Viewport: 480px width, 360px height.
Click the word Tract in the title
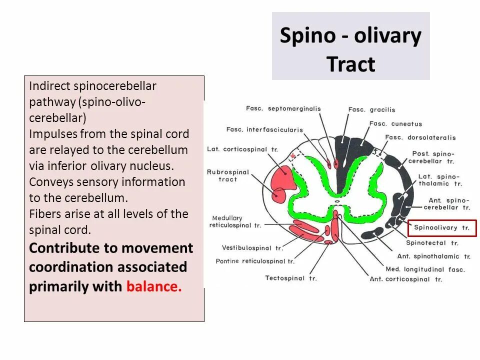(x=350, y=64)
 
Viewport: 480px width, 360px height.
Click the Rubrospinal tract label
(x=227, y=175)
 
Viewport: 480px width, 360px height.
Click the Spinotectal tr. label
(x=432, y=243)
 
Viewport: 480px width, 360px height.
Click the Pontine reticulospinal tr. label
(x=255, y=261)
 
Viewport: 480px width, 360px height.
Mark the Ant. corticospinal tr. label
(x=406, y=279)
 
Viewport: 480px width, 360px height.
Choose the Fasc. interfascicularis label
(x=264, y=130)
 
